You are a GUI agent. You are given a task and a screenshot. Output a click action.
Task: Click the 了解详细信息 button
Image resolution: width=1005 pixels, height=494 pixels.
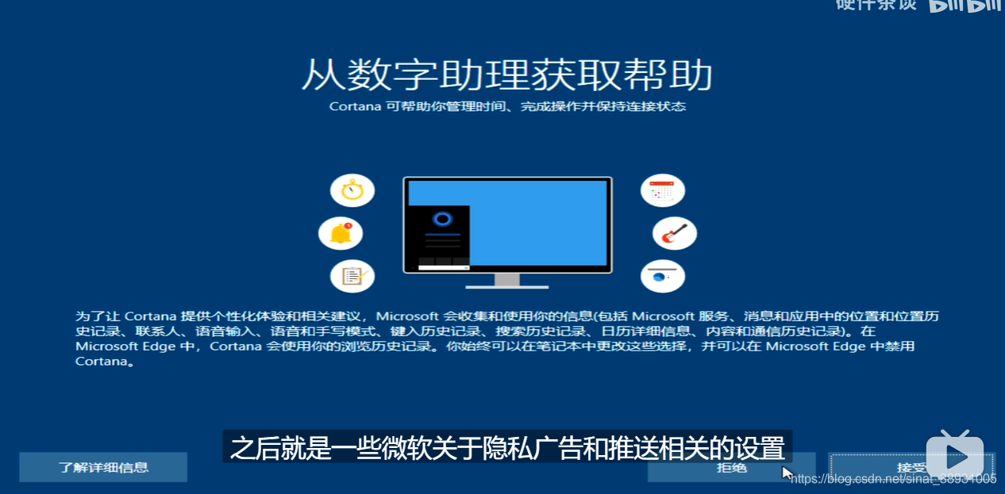point(103,467)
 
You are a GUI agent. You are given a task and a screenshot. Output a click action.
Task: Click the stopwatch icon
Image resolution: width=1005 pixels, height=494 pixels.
point(352,190)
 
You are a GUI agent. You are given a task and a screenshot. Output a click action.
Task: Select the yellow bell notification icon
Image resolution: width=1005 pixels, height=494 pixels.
point(341,233)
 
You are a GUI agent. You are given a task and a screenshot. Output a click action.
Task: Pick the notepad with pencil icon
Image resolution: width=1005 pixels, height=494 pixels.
point(352,276)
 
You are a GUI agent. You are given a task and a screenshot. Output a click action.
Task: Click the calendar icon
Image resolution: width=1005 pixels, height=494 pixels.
point(662,190)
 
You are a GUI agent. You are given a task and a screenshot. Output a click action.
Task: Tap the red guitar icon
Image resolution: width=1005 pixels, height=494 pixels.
point(674,233)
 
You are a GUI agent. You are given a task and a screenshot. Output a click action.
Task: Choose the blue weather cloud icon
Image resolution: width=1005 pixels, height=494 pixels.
point(662,276)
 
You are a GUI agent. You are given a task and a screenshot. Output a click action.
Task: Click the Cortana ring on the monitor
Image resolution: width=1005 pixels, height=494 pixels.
point(443,219)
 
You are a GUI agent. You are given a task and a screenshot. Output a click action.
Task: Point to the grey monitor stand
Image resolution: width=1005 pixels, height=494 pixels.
point(506,281)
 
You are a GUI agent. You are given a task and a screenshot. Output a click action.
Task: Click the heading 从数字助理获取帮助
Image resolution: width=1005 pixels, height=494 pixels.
point(506,76)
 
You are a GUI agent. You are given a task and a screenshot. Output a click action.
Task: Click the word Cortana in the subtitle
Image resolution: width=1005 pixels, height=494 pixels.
point(355,106)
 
